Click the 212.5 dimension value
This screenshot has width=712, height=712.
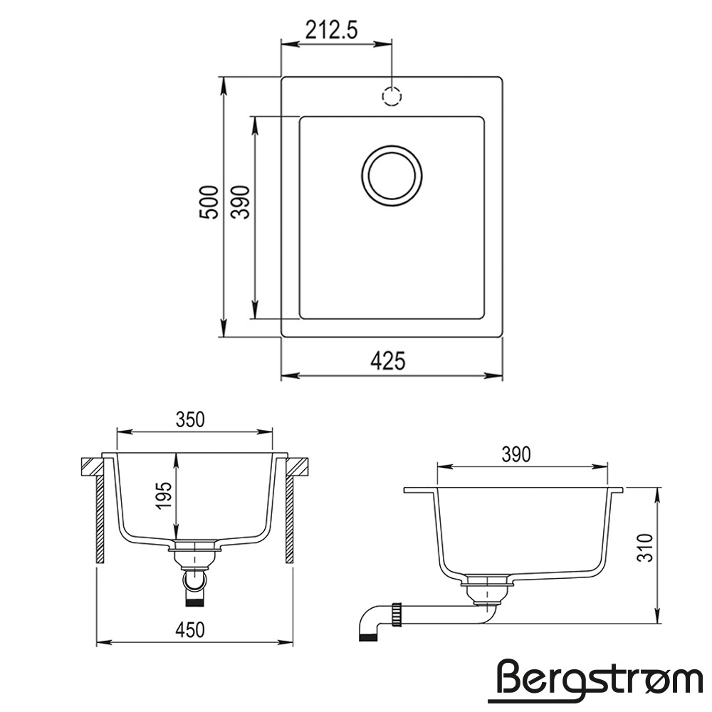(332, 31)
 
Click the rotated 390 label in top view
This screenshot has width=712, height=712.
(241, 202)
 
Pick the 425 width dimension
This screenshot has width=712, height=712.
(388, 362)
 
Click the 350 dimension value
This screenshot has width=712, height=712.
(190, 419)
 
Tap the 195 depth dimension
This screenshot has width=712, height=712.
(164, 496)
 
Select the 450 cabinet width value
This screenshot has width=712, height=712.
(190, 630)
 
